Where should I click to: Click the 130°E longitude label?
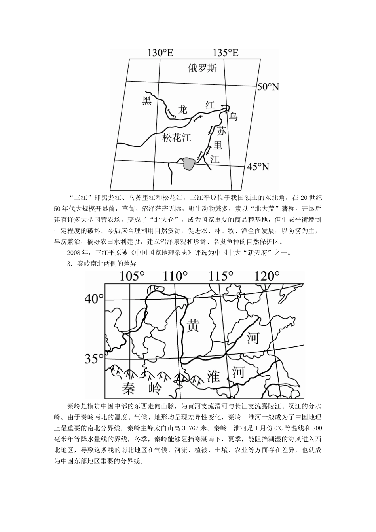click(160, 53)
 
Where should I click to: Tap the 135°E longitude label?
click(226, 53)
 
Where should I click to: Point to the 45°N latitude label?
click(258, 167)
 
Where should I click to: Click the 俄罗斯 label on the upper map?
click(202, 69)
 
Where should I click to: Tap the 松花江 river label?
click(177, 138)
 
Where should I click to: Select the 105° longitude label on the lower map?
click(133, 276)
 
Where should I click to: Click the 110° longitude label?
click(175, 276)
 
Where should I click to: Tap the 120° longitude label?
click(268, 276)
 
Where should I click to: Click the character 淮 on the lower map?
click(213, 376)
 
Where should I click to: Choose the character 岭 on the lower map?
click(154, 388)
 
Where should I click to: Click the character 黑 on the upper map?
click(147, 101)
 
